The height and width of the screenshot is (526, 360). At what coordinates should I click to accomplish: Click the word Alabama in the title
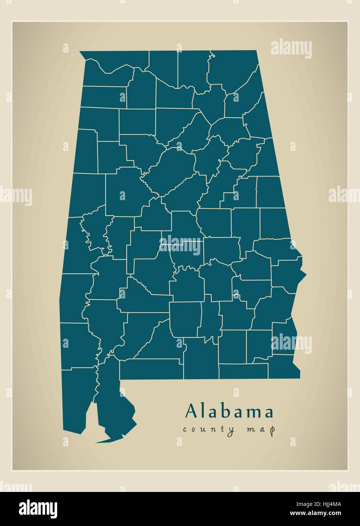229,411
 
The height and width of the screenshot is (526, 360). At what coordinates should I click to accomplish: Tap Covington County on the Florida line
201,358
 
